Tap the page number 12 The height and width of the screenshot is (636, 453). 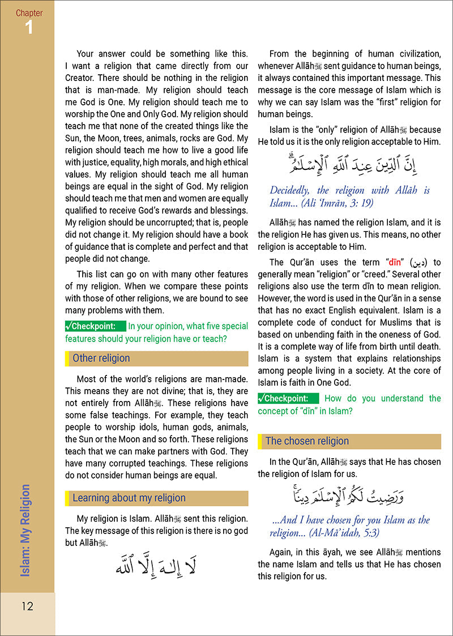coord(27,607)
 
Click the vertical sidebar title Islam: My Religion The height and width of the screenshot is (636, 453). coord(25,531)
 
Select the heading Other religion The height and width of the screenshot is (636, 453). coord(101,358)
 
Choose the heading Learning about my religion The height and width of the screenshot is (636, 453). coord(129,498)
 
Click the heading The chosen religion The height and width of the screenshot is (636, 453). coord(307,441)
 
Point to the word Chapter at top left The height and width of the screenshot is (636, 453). coord(28,12)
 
